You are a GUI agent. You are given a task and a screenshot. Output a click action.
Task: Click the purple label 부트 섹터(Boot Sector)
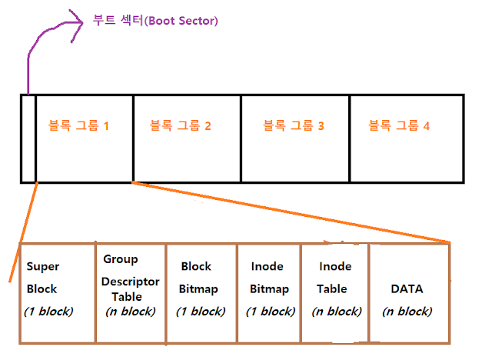point(156,22)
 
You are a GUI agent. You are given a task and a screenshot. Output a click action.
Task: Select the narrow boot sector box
point(28,138)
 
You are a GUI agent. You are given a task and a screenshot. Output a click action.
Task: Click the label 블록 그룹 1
point(78,125)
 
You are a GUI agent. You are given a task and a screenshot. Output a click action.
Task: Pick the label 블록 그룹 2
point(180,125)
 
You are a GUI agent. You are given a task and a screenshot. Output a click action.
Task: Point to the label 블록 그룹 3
point(294,125)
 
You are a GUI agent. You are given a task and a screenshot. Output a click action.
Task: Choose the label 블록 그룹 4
point(398,125)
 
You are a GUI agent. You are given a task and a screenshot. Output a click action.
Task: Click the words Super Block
point(42,278)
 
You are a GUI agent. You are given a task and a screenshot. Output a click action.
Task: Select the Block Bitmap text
point(198,278)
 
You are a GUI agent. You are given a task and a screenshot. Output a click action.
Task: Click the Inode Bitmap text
point(268,278)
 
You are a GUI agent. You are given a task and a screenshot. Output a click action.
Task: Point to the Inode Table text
point(333,278)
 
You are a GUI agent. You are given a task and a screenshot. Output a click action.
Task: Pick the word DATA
point(407,289)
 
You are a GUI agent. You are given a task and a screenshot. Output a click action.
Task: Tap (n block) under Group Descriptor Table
point(130,312)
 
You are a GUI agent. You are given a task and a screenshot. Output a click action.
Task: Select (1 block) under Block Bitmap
point(200,312)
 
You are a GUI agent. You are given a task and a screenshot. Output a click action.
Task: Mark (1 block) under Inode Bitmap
point(271,312)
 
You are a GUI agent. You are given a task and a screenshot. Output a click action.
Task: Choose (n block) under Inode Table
point(336,312)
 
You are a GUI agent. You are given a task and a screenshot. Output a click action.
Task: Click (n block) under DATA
point(407,312)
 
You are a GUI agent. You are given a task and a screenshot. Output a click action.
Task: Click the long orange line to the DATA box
point(292,212)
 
